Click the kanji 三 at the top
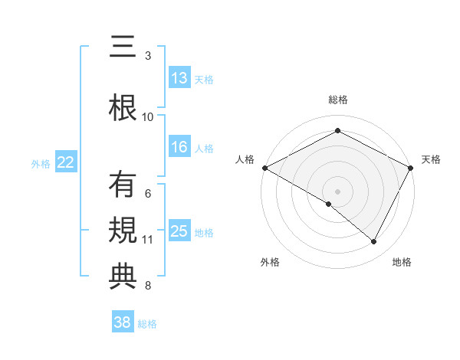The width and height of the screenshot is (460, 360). pos(122,47)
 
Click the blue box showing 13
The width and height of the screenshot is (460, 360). pos(179,78)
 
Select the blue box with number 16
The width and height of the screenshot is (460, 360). pos(179,148)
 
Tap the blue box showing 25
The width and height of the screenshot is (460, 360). pos(179,231)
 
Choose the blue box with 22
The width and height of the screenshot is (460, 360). pos(66,162)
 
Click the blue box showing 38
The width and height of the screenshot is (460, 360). pos(123,322)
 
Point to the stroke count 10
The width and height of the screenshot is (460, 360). pos(148,117)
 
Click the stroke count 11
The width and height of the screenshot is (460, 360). pos(148,240)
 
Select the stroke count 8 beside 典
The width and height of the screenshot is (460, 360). pos(148,286)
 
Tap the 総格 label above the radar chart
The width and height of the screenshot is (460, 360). pos(337,100)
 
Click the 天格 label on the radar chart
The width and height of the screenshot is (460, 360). pos(431,159)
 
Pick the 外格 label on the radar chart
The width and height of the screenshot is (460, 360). pos(270,262)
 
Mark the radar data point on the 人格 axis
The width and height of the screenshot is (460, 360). pos(264,168)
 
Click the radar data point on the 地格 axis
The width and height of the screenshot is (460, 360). pos(374,241)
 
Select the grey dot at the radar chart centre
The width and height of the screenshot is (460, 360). pos(337,191)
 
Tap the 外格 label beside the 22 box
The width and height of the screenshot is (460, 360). pos(41,163)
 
